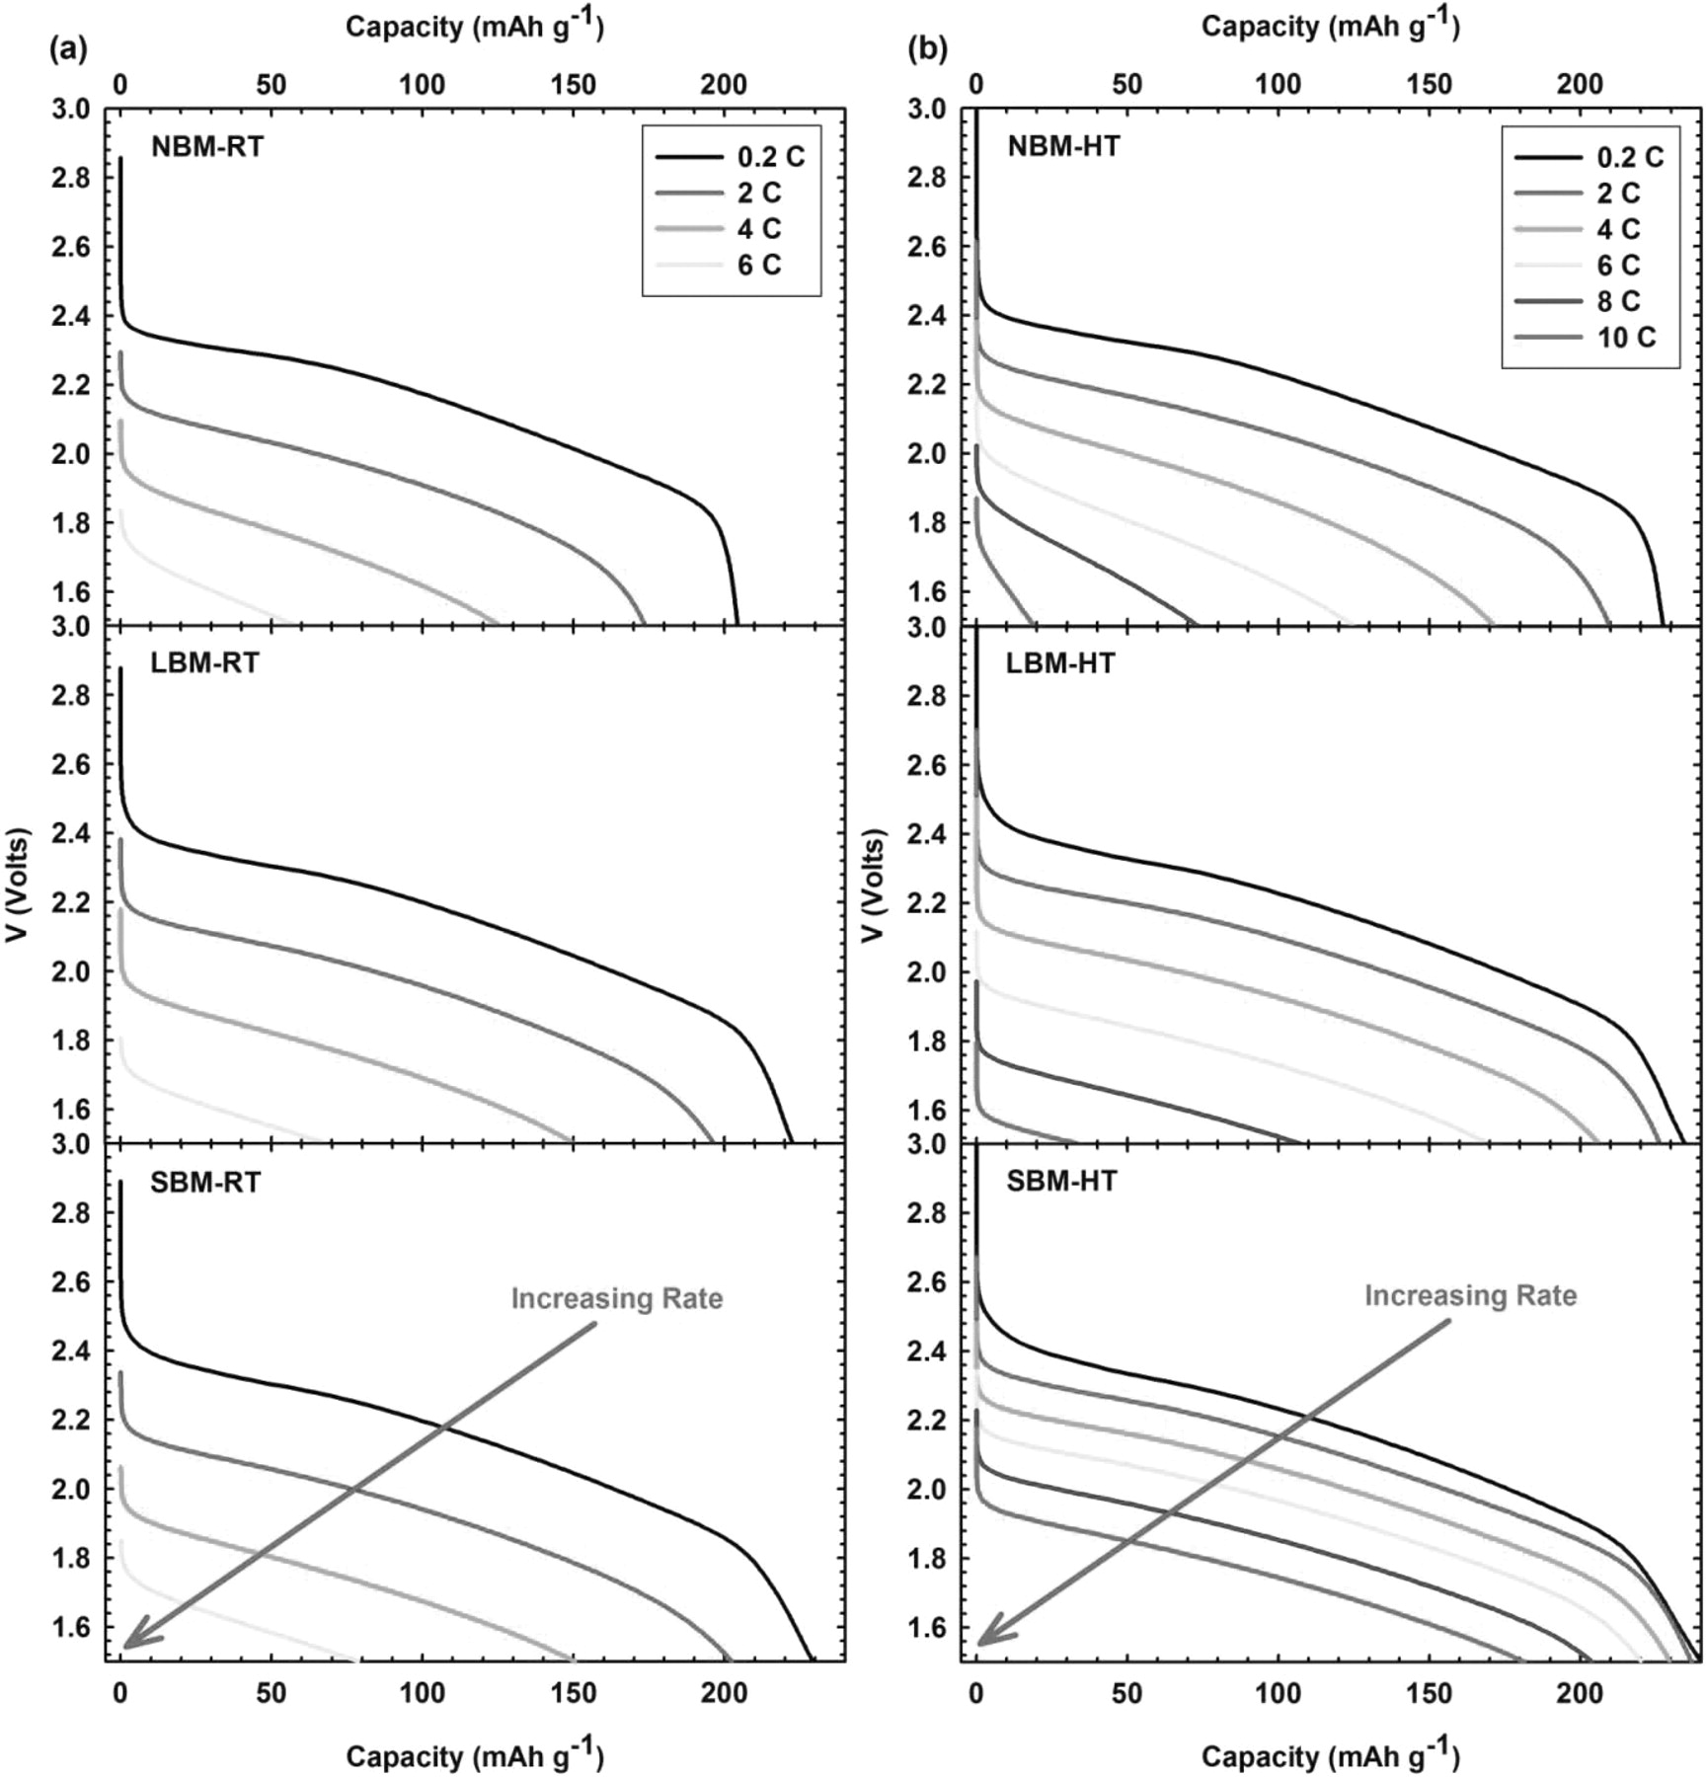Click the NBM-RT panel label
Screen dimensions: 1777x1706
(206, 146)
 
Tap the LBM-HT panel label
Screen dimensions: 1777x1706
(1060, 663)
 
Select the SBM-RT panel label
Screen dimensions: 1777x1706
(205, 1181)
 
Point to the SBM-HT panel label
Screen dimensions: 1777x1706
(1061, 1180)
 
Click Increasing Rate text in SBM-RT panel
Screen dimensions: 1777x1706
(617, 1298)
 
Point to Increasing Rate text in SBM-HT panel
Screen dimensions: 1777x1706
(1470, 1295)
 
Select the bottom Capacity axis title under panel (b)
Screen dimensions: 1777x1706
(1330, 1752)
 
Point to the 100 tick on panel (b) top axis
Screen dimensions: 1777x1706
(1278, 85)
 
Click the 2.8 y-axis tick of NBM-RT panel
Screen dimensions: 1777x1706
(69, 178)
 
